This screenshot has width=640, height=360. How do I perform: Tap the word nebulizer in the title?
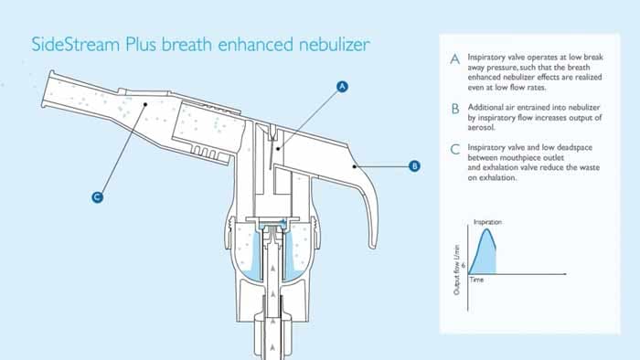click(335, 44)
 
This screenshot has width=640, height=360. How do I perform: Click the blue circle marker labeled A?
click(342, 87)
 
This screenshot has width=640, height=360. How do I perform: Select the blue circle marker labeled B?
click(414, 166)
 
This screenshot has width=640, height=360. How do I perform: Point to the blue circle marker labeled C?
click(97, 197)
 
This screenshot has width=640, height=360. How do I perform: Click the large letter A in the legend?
click(454, 59)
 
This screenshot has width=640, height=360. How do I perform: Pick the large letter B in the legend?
click(455, 109)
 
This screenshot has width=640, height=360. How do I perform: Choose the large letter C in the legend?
click(454, 149)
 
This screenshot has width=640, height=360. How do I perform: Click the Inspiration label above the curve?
click(487, 222)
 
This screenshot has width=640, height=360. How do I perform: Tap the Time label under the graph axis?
click(476, 280)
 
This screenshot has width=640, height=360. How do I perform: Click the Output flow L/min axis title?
click(457, 270)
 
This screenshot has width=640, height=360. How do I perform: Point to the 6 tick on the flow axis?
click(464, 265)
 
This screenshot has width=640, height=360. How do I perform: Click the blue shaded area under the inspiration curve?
click(485, 257)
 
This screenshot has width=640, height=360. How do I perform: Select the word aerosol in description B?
click(481, 128)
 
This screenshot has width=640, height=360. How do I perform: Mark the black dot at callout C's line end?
click(144, 104)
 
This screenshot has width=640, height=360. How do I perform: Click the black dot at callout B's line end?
click(355, 166)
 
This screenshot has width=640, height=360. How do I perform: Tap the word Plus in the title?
click(141, 44)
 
